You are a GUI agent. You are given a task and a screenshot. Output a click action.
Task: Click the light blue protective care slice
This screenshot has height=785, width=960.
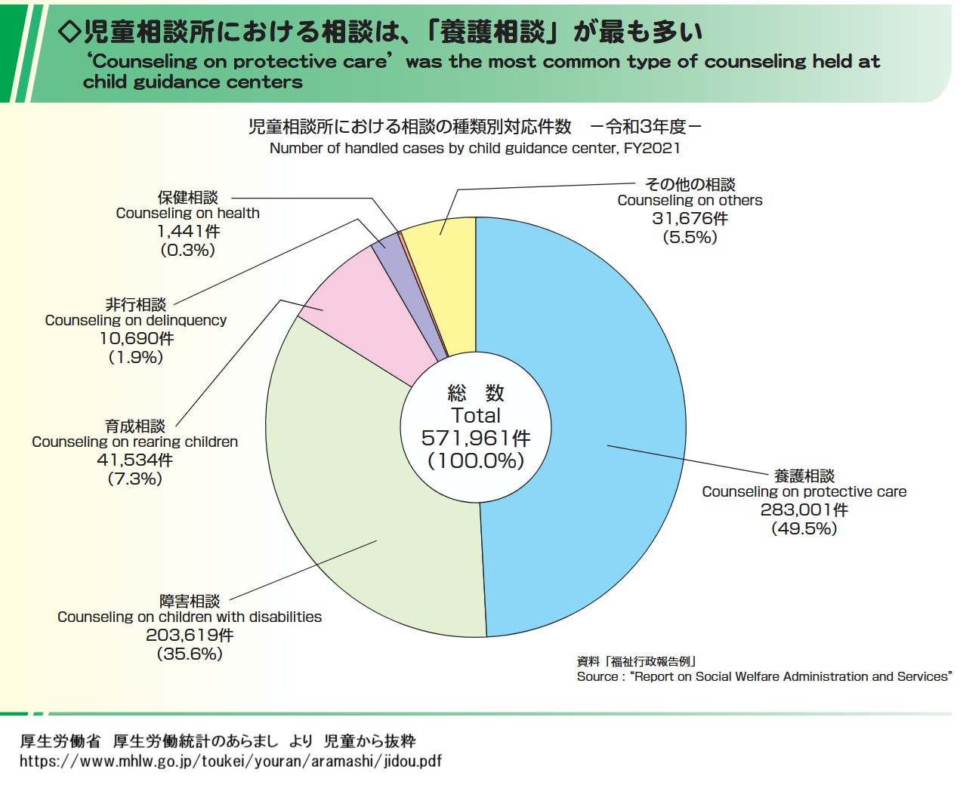(589, 377)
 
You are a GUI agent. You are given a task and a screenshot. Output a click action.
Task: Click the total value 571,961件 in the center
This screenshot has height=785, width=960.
(476, 438)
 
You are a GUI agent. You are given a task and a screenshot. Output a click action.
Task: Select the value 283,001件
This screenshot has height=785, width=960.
(804, 510)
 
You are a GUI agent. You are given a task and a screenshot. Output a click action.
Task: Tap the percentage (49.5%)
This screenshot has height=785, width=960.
(804, 528)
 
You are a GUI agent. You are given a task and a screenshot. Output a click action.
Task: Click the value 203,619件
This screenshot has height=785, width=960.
(190, 636)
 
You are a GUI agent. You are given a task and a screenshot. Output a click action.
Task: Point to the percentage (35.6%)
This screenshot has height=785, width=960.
(190, 654)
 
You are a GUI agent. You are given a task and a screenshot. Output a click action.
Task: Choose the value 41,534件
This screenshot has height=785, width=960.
(134, 460)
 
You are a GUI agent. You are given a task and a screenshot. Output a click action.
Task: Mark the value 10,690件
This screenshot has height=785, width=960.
(136, 339)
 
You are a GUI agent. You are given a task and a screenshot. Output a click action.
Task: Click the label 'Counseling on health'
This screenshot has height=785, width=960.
(187, 214)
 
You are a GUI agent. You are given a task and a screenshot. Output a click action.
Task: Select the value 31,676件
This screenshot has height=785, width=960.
(690, 219)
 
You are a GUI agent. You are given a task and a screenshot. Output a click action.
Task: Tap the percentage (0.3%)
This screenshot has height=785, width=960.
(187, 250)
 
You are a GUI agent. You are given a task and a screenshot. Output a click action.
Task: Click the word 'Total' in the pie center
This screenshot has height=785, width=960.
(476, 415)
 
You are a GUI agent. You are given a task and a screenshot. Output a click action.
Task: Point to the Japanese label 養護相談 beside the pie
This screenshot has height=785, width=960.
(804, 476)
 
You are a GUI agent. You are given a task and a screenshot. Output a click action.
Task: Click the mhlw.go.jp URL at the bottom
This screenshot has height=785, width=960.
(230, 761)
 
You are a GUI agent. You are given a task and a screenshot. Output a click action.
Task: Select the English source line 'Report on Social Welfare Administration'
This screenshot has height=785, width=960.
(763, 677)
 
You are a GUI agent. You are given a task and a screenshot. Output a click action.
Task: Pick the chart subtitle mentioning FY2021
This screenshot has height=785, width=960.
(474, 149)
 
